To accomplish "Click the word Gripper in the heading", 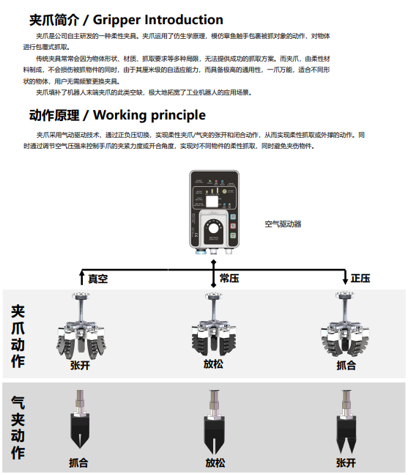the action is [116, 21].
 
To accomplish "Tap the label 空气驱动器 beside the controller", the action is [283, 224].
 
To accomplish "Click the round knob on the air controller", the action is [213, 228].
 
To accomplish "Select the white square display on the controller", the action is [212, 201].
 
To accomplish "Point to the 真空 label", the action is [97, 279].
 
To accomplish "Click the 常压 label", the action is [229, 279].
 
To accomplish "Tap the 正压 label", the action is [360, 279].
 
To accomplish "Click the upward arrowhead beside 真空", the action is [81, 273].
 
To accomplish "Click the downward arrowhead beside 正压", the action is [345, 281].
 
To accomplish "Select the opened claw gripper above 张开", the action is [81, 325].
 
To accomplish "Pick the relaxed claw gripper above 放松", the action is [213, 325].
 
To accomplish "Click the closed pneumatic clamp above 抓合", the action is [80, 419].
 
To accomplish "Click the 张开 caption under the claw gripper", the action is [80, 365].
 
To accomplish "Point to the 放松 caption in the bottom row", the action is [215, 463].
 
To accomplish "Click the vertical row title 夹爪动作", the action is [18, 336].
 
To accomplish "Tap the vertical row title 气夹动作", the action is [18, 428].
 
